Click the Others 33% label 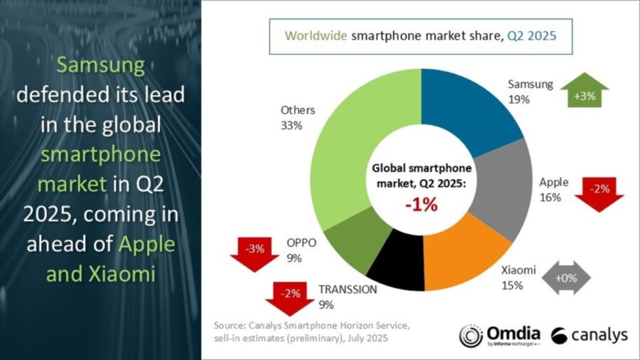click(297, 117)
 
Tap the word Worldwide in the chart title click(315, 35)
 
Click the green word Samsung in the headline click(101, 65)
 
